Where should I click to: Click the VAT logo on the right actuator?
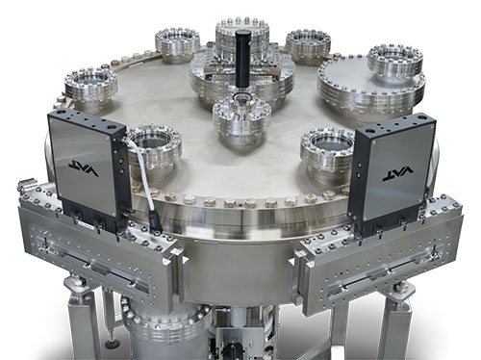(397, 173)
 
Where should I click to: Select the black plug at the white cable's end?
(156, 224)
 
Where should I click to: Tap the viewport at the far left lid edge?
(90, 89)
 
